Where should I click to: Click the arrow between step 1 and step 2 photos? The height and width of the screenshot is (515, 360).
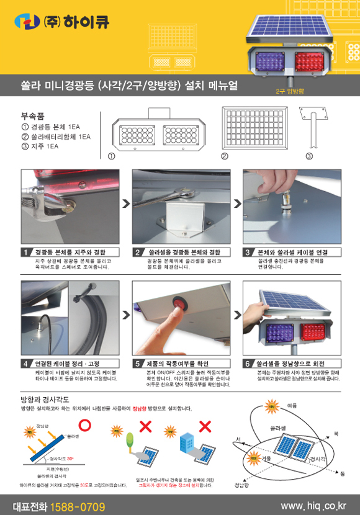[x=125, y=203]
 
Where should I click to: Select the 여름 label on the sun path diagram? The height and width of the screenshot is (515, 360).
[x=292, y=405]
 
